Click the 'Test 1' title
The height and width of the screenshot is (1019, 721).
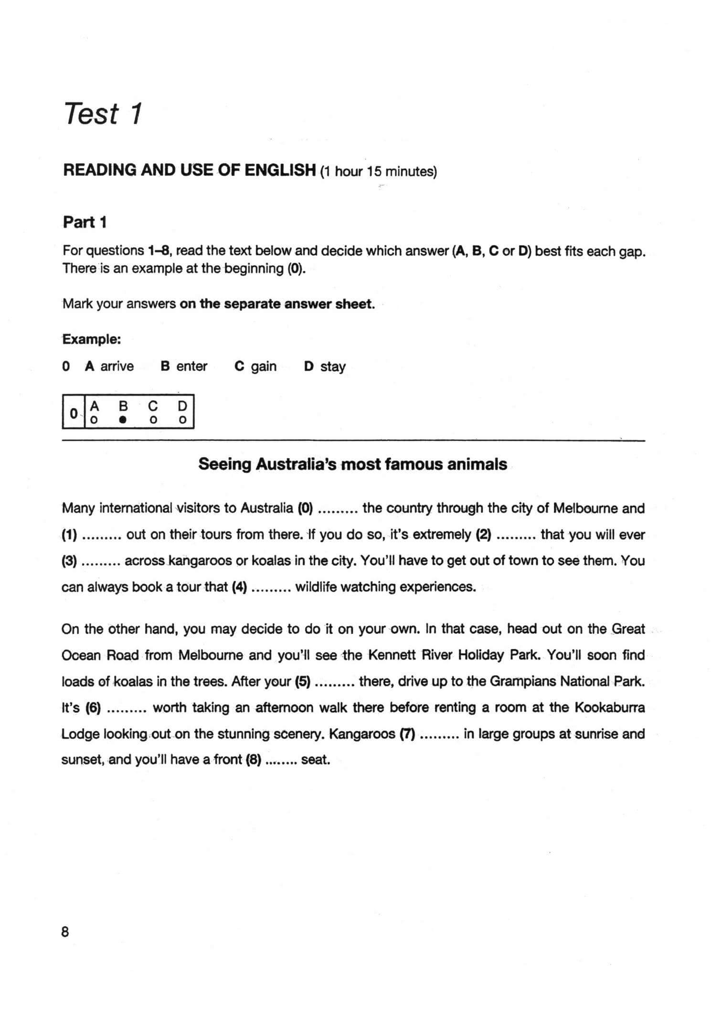coord(103,114)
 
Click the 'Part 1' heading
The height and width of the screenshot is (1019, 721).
coord(85,222)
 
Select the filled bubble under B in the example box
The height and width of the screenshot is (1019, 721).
coord(123,420)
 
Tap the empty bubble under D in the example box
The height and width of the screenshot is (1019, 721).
coord(181,420)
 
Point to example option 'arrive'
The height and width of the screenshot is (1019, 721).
coord(117,367)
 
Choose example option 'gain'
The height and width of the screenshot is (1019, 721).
coord(264,367)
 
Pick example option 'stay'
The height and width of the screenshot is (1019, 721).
coord(333,367)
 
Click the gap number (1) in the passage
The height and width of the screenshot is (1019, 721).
coord(70,535)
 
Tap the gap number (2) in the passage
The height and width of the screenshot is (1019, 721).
coord(484,535)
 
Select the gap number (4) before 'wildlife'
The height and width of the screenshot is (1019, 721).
coord(239,587)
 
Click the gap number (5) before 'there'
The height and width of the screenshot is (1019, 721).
coord(303,681)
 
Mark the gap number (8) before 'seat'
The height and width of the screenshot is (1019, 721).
coord(253,760)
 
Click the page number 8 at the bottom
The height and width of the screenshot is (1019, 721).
coord(65,931)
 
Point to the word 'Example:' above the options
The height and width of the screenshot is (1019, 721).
coord(92,339)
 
